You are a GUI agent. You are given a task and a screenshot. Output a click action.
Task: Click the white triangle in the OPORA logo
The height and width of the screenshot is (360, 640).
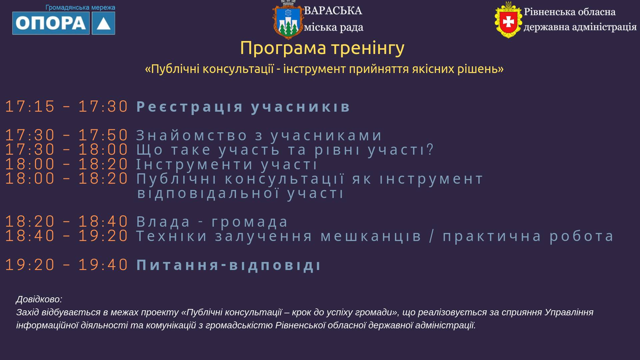[x=104, y=23]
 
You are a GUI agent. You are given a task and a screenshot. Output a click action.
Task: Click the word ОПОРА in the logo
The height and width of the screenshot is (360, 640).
[x=51, y=23]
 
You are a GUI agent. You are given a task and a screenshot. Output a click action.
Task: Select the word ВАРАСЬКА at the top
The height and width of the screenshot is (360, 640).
[x=333, y=11]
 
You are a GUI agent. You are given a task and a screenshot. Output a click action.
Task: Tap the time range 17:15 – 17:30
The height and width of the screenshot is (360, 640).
[x=67, y=107]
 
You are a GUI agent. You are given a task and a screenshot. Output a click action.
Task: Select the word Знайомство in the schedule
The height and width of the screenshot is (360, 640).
[x=192, y=135]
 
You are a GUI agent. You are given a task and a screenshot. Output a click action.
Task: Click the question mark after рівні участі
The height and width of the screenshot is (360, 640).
[x=430, y=149]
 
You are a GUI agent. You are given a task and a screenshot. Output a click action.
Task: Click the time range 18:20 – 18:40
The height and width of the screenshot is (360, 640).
[x=67, y=222]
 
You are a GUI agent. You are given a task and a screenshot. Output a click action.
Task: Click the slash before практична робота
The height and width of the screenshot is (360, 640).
[x=432, y=236]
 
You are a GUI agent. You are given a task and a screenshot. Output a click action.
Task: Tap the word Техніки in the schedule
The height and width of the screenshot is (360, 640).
[x=172, y=236]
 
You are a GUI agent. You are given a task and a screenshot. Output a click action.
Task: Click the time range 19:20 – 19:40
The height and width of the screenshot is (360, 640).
[x=67, y=265]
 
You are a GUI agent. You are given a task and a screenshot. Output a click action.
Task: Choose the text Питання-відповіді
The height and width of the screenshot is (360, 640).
[x=229, y=265]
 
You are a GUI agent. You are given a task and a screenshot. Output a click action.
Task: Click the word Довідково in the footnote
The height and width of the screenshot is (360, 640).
[x=39, y=299]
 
